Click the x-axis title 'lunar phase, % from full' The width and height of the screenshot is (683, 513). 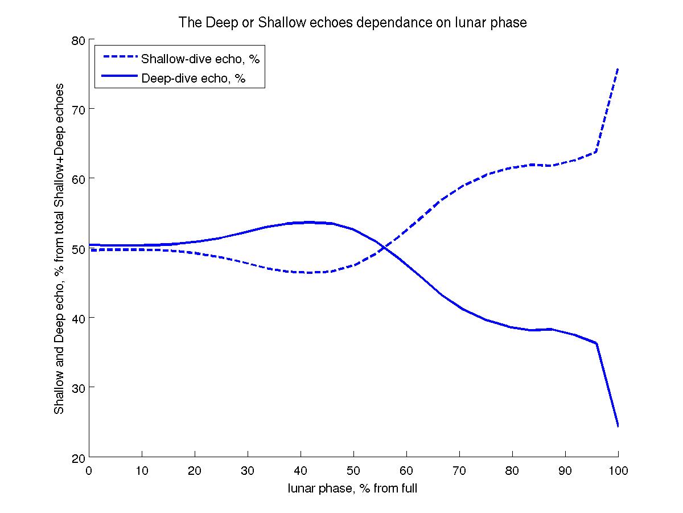point(353,488)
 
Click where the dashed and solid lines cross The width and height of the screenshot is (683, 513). point(385,248)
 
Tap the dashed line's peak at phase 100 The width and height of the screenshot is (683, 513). point(618,69)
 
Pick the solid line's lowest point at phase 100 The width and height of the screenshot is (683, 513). point(618,426)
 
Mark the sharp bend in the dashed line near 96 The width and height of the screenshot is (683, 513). point(596,151)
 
